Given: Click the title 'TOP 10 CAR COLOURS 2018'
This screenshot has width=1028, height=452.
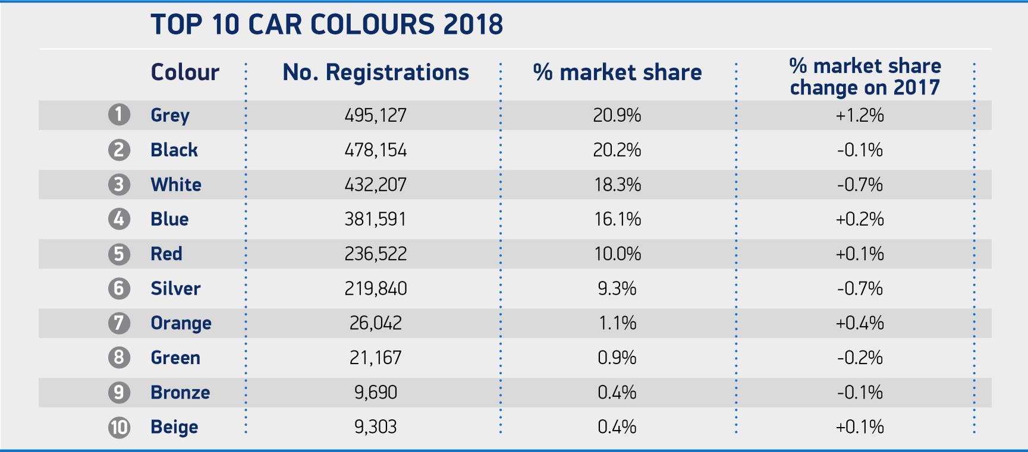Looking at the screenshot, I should click(x=327, y=25).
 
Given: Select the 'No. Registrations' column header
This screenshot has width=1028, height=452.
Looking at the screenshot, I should click(x=376, y=72).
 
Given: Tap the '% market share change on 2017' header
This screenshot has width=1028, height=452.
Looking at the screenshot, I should click(x=864, y=77).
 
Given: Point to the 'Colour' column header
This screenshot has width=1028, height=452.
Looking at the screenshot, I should click(x=185, y=72).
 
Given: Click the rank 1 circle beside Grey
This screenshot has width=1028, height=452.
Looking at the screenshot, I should click(x=119, y=114).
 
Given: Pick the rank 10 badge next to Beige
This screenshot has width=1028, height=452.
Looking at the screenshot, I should click(x=119, y=427).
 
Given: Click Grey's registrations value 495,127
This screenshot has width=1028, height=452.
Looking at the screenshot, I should click(x=376, y=115).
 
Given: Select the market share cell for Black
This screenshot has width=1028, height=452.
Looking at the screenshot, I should click(x=617, y=150).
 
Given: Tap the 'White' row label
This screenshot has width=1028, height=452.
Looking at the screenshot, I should click(x=176, y=185).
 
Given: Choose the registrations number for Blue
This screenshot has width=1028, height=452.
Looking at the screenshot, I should click(x=376, y=219).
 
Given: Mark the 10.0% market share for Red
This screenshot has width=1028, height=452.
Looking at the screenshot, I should click(x=617, y=254).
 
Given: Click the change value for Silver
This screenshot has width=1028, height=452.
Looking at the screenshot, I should click(x=860, y=289).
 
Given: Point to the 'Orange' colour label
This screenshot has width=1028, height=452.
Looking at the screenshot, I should click(x=181, y=323).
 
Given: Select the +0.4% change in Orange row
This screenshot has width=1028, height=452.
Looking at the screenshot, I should click(x=860, y=323).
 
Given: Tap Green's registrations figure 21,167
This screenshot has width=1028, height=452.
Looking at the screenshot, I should click(x=376, y=358).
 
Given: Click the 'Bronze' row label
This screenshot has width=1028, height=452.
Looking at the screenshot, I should click(x=180, y=393).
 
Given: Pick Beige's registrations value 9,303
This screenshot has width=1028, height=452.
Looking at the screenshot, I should click(x=376, y=427).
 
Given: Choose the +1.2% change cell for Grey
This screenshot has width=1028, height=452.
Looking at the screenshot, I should click(x=860, y=115).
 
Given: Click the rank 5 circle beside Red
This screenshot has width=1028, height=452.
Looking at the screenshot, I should click(x=119, y=254).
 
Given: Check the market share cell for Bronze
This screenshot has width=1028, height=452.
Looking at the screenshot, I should click(x=617, y=393).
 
